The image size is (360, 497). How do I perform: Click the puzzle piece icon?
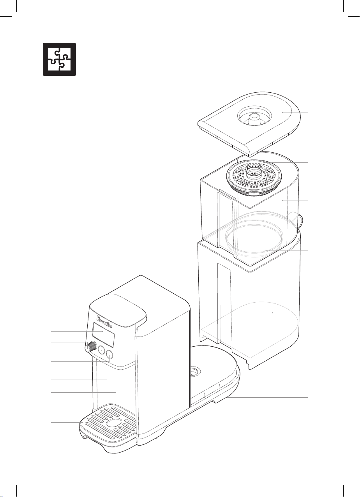pos(59,59)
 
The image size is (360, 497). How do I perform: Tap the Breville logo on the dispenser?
pos(104,322)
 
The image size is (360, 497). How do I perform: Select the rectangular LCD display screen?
pos(103,338)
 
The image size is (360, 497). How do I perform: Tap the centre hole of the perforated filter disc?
pos(254,173)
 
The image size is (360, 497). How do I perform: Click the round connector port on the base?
pos(195,371)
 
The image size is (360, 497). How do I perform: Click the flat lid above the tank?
pos(249,123)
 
